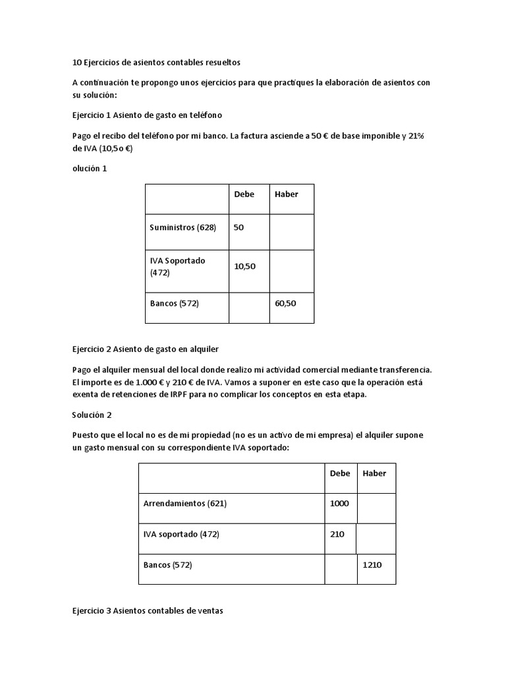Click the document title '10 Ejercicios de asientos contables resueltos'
coord(156,63)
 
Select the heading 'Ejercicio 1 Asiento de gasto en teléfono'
coord(147,115)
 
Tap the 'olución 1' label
coord(90,168)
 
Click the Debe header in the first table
coord(244,194)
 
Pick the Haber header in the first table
coord(286,194)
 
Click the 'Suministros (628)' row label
coord(183,227)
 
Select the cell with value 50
coord(239,227)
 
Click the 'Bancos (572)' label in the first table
coord(175,304)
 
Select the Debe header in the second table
coord(340,473)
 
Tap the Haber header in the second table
coord(374,473)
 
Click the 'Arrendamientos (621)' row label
coord(184,504)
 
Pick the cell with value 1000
coord(339,504)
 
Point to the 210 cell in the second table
coord(337,535)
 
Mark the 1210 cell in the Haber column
coord(372,565)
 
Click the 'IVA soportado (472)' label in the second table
coord(181,535)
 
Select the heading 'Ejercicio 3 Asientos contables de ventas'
coord(148,611)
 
